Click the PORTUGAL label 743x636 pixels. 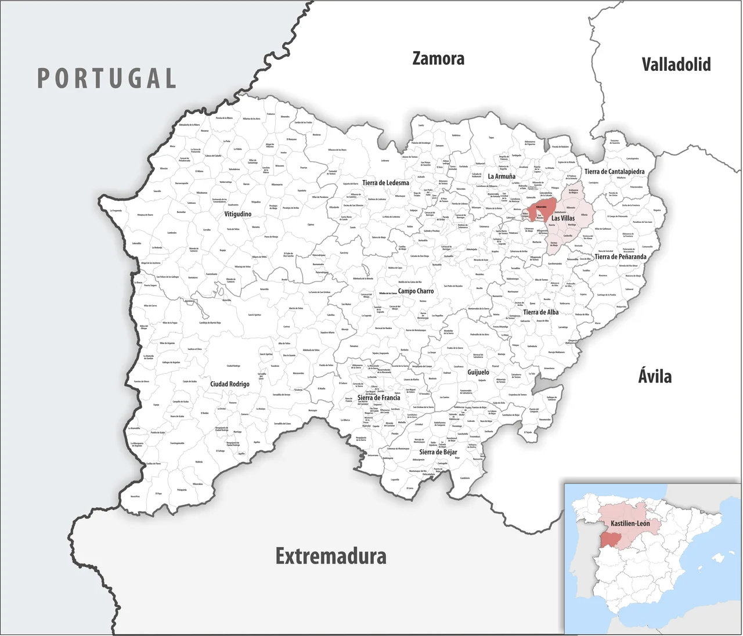tap(107, 78)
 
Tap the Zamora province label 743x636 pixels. tap(438, 59)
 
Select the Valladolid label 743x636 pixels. tap(676, 64)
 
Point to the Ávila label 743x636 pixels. tap(655, 377)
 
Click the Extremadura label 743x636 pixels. tap(331, 556)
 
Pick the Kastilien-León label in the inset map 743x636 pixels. tap(630, 523)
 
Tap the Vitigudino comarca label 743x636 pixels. tap(238, 214)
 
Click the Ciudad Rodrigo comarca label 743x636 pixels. tap(230, 384)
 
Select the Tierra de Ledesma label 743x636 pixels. tap(385, 183)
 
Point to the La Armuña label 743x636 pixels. tap(502, 176)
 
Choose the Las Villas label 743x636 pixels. tap(563, 218)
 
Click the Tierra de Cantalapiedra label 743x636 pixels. tap(614, 172)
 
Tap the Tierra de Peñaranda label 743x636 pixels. tap(620, 256)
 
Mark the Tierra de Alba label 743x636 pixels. tap(540, 312)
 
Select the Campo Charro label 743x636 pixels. tap(416, 291)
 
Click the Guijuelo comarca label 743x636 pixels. tap(478, 373)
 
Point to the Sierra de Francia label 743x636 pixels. tap(378, 398)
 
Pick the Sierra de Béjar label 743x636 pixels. tap(438, 452)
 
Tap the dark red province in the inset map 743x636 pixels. tap(610, 539)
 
